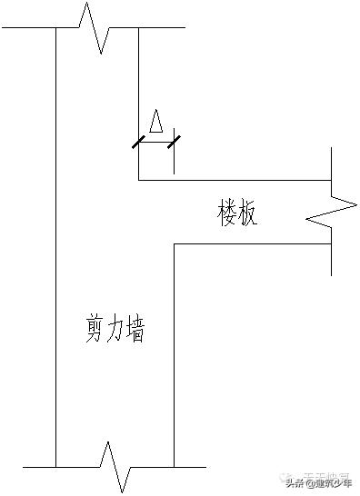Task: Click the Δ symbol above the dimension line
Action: point(156,123)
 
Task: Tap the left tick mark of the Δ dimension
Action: point(138,142)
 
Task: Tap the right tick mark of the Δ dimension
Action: point(173,142)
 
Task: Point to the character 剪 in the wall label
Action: point(89,332)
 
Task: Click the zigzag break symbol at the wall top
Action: point(96,27)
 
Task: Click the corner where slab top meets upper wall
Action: point(138,180)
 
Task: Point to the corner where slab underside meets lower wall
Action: point(174,243)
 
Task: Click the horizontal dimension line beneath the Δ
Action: point(155,142)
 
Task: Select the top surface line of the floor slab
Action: point(236,180)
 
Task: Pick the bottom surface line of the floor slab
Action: point(255,243)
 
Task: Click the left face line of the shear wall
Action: point(55,254)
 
